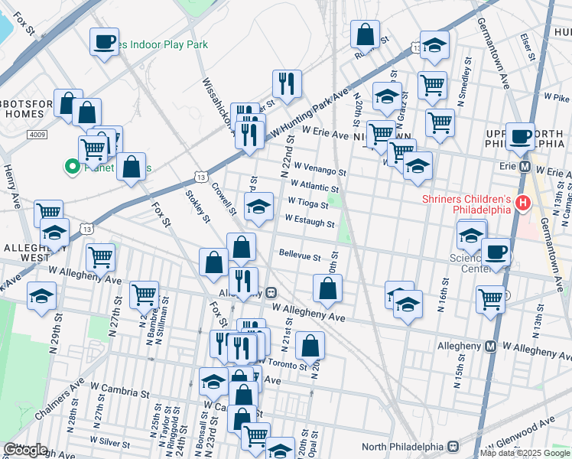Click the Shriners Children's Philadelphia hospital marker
tap(523, 203)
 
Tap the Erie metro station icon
tap(525, 166)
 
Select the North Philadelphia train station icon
tap(453, 447)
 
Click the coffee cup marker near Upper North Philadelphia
tap(520, 138)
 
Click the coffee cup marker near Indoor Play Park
tap(105, 42)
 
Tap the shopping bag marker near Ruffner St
tap(366, 34)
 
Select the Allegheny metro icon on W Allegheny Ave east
tap(490, 347)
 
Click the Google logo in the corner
tap(26, 450)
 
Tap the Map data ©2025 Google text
tap(524, 453)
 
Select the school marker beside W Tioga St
tap(258, 207)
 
